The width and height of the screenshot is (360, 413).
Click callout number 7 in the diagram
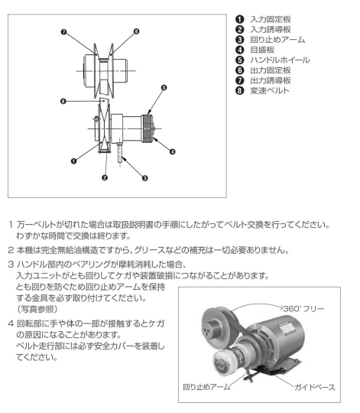coord(63,32)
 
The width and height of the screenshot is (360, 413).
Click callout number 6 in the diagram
coord(136,31)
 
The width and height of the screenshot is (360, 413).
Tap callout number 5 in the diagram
coord(164,87)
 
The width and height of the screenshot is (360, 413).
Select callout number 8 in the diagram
coord(63,101)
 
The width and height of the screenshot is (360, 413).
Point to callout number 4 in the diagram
coord(173,151)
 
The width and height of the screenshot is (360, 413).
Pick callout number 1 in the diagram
coord(73,161)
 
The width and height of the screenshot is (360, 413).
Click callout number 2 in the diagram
coord(105,177)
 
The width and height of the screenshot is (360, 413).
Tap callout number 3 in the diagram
coord(144,178)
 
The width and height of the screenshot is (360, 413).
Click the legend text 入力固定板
coord(271,19)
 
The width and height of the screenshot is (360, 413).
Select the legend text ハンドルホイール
coord(280,60)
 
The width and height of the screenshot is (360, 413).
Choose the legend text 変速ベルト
coord(270,90)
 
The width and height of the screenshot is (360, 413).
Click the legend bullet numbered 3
coord(240,40)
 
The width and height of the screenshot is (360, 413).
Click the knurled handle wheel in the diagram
coord(148,128)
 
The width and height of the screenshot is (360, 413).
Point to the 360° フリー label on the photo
coord(303,308)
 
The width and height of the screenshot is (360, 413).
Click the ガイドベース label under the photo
coord(315,387)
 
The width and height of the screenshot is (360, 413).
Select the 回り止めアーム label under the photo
coord(206,387)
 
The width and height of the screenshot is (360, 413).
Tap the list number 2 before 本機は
coord(11,250)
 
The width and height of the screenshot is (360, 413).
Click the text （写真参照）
coord(37,309)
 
